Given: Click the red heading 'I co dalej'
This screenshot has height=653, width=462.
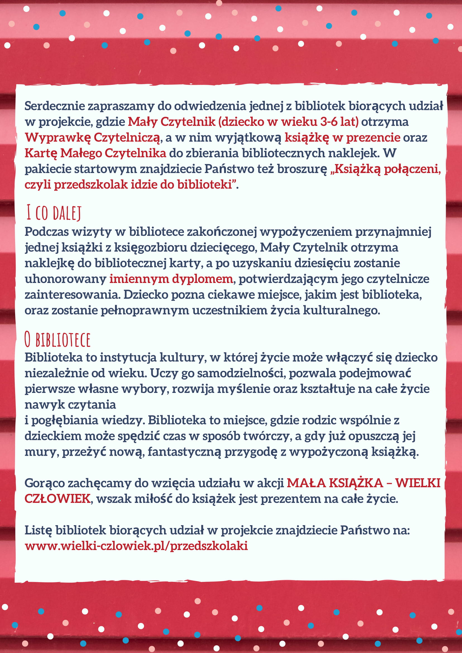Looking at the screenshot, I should pyautogui.click(x=54, y=213).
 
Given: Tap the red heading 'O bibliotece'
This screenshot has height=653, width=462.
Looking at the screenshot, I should pyautogui.click(x=57, y=340).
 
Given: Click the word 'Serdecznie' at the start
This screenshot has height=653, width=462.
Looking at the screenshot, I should pyautogui.click(x=54, y=106).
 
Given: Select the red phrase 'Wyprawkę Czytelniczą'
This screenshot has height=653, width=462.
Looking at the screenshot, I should pyautogui.click(x=92, y=137).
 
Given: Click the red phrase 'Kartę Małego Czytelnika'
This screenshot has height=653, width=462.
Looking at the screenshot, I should pyautogui.click(x=95, y=153).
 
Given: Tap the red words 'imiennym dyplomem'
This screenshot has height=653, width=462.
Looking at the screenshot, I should pyautogui.click(x=171, y=279).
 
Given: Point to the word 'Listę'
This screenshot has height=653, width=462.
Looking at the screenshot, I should pyautogui.click(x=39, y=530).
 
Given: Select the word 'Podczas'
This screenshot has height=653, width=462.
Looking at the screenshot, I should pyautogui.click(x=46, y=232).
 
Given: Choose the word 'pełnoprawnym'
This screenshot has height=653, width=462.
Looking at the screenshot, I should pyautogui.click(x=145, y=310).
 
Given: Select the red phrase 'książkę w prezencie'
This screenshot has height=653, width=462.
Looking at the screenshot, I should pyautogui.click(x=342, y=137).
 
